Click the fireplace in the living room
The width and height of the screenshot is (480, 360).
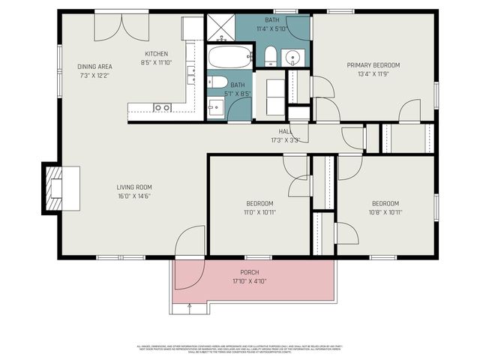(x=55, y=188)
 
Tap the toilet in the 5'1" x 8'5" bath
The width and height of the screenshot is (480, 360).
(x=217, y=82)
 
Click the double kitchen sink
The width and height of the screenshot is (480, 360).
(x=162, y=108)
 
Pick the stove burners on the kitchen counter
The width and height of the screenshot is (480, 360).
(x=191, y=74)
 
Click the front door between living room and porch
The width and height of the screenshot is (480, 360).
(x=190, y=241)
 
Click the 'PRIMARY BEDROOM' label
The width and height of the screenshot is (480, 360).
(x=373, y=65)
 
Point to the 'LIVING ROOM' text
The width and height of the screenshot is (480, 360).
(x=134, y=187)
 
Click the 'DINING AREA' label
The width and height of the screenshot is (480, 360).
(x=94, y=67)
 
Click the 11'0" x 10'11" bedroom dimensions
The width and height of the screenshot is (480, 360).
(x=259, y=212)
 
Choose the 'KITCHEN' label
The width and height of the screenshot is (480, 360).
(x=157, y=54)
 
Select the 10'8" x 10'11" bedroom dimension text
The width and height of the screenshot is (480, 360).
(x=385, y=212)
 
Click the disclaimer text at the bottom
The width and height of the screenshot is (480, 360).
(x=240, y=349)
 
